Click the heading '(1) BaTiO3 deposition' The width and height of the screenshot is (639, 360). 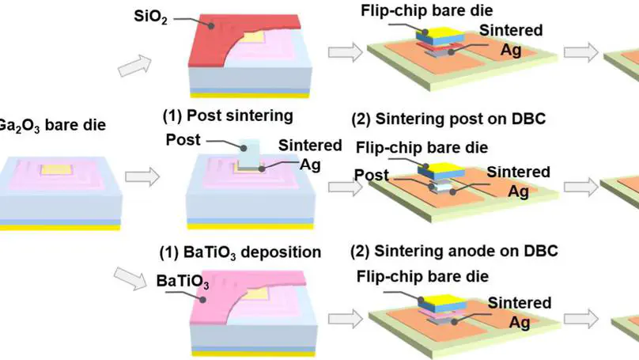[x=242, y=252]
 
